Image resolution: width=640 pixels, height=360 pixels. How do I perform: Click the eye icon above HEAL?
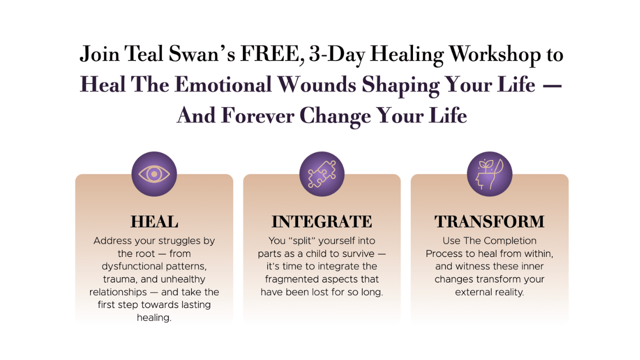tap(154, 174)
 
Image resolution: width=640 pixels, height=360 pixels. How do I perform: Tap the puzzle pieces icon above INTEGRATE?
tap(321, 174)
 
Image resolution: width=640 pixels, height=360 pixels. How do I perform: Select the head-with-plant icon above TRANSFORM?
tap(489, 174)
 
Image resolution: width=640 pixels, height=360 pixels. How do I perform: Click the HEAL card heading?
tap(154, 221)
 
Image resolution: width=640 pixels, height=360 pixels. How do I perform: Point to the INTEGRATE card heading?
tap(321, 221)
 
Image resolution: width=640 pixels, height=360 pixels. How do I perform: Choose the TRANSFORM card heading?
tap(489, 221)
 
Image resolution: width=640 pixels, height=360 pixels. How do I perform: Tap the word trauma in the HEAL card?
tap(111, 279)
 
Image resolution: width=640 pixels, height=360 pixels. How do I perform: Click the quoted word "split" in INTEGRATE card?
tap(302, 241)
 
